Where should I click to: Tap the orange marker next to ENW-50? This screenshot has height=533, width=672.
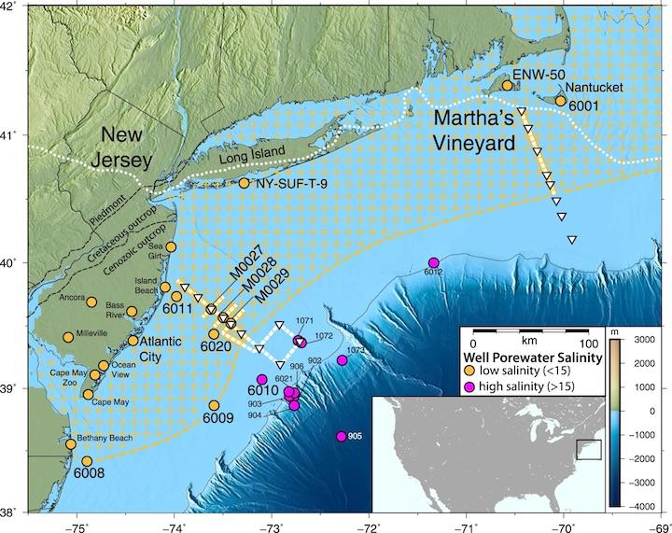point(508,86)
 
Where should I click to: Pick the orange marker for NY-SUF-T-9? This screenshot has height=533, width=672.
point(245,183)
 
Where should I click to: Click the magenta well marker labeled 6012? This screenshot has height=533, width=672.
point(433,262)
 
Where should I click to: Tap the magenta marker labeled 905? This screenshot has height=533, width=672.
point(342,436)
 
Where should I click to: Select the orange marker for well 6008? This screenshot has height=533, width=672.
point(87,461)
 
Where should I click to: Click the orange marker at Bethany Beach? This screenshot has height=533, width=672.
point(70,443)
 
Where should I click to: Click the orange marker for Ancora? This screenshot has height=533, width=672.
point(91,302)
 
